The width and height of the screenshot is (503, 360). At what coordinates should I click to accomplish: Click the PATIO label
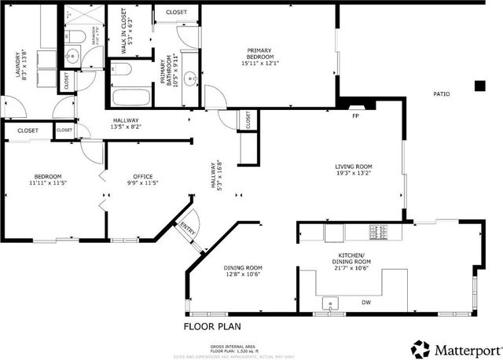point(442,94)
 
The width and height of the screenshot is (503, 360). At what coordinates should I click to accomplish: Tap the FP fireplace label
point(355,116)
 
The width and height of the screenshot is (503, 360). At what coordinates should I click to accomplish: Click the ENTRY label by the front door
point(189,228)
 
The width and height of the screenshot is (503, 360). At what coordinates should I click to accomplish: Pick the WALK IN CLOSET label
point(123,32)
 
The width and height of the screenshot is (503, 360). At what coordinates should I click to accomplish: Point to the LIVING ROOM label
point(353,167)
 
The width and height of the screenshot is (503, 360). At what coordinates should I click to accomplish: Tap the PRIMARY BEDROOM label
point(259,55)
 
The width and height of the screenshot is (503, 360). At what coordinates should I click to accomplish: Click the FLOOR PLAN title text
point(212,326)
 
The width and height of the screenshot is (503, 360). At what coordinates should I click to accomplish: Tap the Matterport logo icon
point(420,347)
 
